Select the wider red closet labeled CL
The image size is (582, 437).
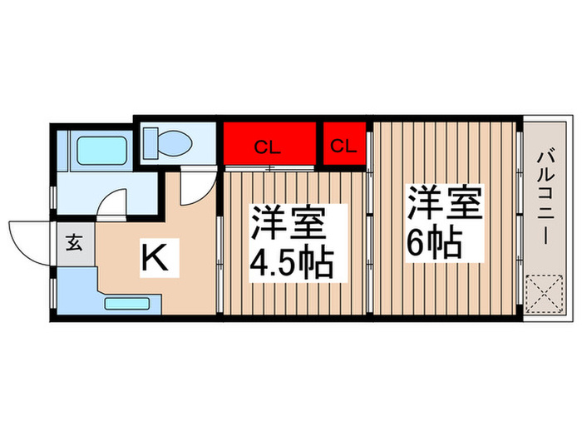[269, 146]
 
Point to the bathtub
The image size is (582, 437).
[102, 151]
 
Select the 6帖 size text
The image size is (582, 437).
[433, 241]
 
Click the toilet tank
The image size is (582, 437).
[151, 142]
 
